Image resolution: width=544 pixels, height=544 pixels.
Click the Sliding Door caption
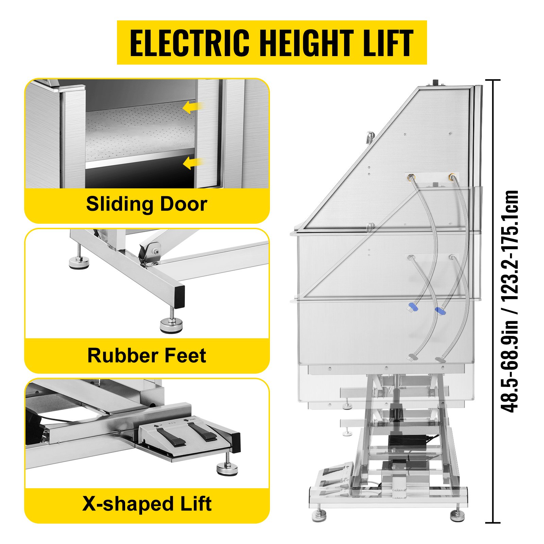tap(147, 204)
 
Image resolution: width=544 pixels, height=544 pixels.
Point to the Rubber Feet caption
tap(147, 356)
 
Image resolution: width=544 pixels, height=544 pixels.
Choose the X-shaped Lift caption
tap(147, 504)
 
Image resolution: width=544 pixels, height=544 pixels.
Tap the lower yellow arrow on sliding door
tap(193, 163)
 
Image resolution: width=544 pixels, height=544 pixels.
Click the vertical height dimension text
tap(510, 301)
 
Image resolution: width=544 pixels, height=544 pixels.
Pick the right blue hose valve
tap(441, 310)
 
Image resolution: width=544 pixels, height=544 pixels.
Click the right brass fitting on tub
tap(452, 177)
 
